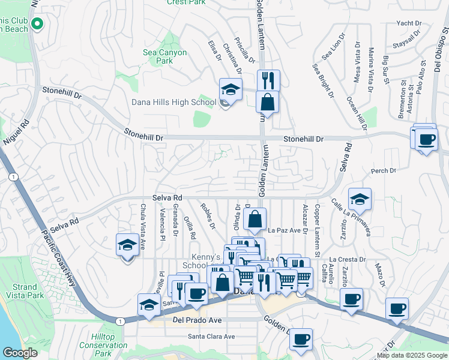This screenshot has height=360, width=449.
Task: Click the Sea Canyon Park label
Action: point(165,56)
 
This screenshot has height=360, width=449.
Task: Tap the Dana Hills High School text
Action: point(174,102)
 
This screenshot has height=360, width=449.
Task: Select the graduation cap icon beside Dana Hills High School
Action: point(230,89)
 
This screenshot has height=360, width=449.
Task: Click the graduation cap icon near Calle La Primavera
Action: point(360,199)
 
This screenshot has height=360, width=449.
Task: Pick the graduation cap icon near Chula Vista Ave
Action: point(127,245)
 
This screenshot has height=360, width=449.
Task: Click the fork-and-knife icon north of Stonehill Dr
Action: point(268,80)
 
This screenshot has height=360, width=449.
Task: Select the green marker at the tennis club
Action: point(37,25)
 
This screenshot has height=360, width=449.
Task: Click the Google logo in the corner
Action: point(20,352)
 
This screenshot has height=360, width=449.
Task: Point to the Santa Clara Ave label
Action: point(211,336)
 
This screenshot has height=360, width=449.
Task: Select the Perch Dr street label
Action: point(384,171)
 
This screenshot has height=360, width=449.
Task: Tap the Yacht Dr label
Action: point(410,23)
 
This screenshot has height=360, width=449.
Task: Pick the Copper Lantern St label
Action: point(317,231)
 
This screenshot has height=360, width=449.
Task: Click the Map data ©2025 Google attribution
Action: point(412,355)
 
